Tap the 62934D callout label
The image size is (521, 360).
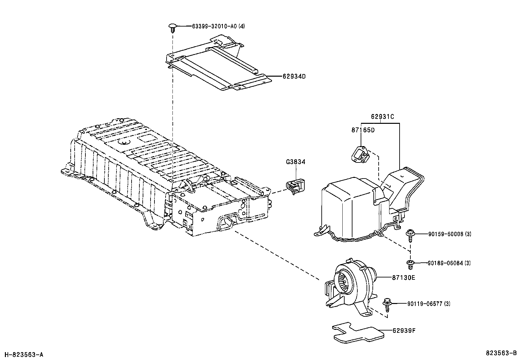(x=294, y=76)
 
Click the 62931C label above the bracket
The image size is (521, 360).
(x=382, y=117)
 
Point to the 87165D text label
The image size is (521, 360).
(x=363, y=130)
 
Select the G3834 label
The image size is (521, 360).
(x=296, y=162)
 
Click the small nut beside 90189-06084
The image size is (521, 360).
(x=410, y=263)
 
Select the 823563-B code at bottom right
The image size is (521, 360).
(x=501, y=353)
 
